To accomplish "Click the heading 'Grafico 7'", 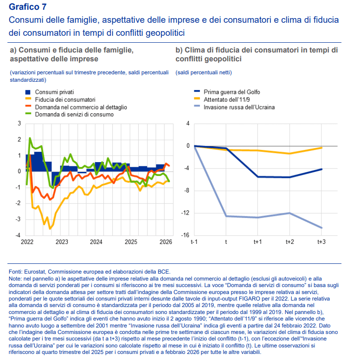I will pos(27,7).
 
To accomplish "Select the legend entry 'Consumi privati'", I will pos(55,92).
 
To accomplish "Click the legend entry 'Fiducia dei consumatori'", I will pos(65,99).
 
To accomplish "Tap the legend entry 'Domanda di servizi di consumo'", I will pos(74,114).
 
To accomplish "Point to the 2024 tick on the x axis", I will pos(96,242).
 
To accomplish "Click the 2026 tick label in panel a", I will pos(166,242).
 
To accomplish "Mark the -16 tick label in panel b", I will pos(185,236).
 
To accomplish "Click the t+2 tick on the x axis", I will pos(290,242).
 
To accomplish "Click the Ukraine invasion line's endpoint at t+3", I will pos(321,228).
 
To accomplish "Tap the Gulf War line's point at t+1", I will pos(257,177).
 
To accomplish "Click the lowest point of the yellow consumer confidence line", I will pos(50,229).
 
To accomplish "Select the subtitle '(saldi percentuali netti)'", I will pos(203,72).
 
